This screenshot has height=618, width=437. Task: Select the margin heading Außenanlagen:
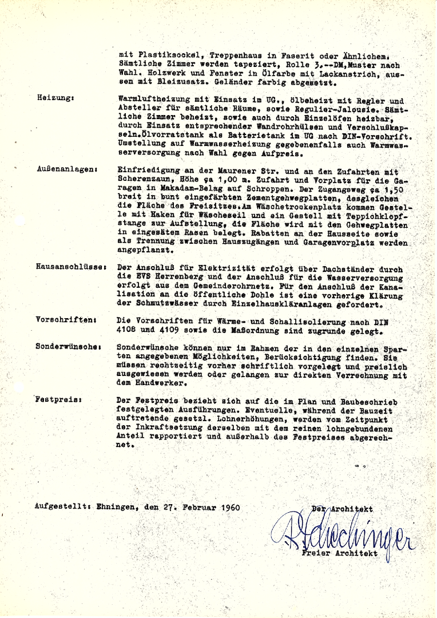pyautogui.click(x=67, y=169)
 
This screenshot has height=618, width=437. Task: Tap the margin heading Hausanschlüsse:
pyautogui.click(x=70, y=267)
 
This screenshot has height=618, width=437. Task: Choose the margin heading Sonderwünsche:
pyautogui.click(x=68, y=346)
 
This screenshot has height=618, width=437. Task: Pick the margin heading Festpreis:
pyautogui.click(x=58, y=400)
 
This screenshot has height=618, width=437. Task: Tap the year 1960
pyautogui.click(x=228, y=507)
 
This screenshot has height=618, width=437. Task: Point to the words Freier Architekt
pyautogui.click(x=341, y=554)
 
